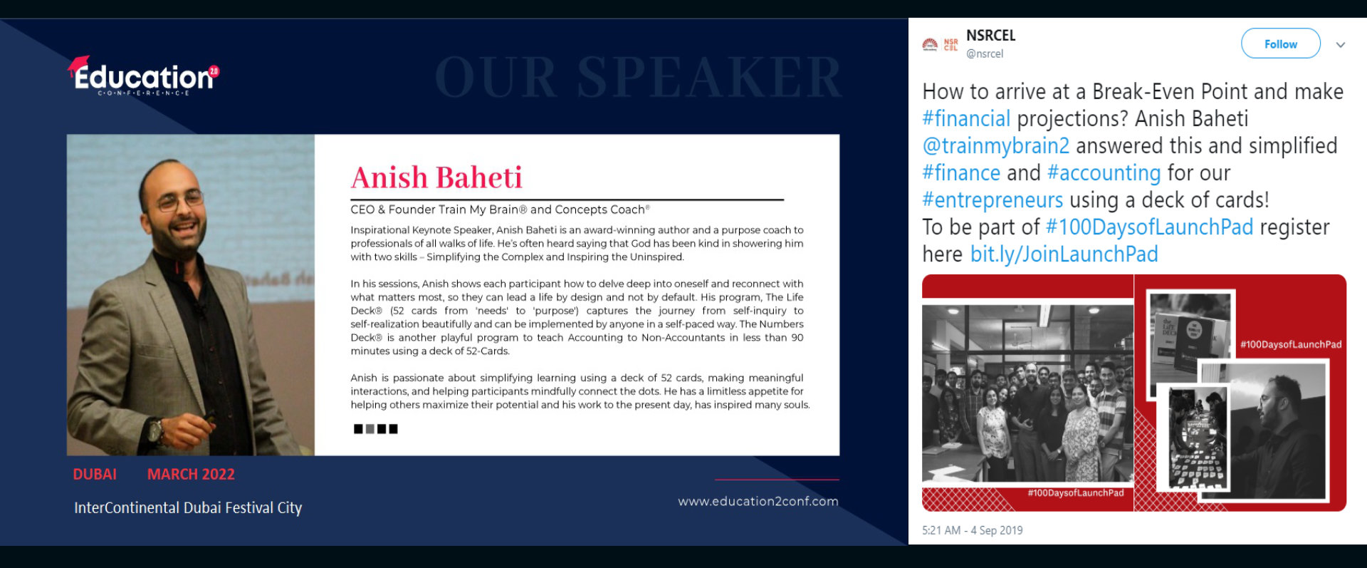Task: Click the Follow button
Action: [1280, 43]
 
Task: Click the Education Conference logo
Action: [144, 76]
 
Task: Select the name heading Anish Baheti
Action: [436, 177]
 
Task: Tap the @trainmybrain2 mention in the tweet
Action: [995, 146]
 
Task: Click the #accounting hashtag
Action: [1104, 173]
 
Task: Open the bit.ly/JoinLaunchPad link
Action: [1064, 254]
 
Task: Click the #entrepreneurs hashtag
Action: [992, 200]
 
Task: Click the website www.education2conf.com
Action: [758, 501]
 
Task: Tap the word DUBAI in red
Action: [95, 474]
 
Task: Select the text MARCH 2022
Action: [191, 474]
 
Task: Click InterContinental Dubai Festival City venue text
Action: [188, 507]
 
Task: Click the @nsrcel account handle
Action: [985, 53]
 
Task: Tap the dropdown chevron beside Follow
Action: [1341, 44]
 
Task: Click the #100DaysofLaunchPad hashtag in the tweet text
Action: [1149, 227]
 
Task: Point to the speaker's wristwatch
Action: [154, 430]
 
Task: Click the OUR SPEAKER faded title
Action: [639, 77]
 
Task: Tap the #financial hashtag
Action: [966, 119]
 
